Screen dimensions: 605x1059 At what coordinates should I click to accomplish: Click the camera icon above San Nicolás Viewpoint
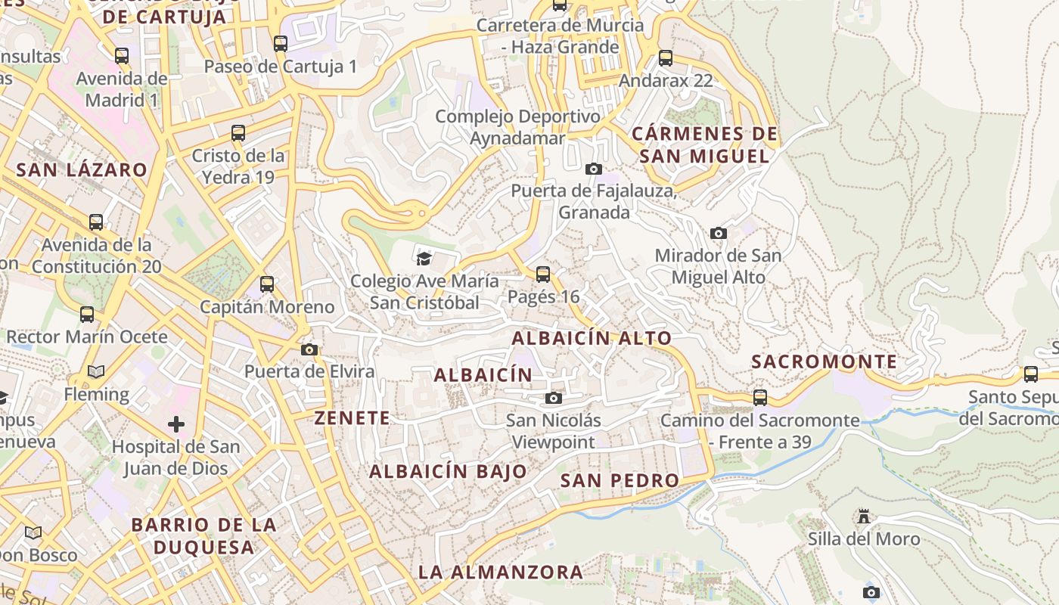[x=554, y=398]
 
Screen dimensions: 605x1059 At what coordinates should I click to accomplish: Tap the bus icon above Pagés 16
[x=543, y=274]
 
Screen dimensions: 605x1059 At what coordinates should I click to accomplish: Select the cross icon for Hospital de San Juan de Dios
[x=176, y=423]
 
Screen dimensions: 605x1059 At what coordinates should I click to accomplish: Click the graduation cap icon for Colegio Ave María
[x=424, y=259]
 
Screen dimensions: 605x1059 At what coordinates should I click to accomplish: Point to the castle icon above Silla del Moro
[x=864, y=517]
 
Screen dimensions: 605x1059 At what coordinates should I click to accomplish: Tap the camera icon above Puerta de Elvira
[x=309, y=349]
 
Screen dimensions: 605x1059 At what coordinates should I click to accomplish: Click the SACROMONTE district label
[x=825, y=361]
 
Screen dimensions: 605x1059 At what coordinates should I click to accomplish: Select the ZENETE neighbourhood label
[x=352, y=417]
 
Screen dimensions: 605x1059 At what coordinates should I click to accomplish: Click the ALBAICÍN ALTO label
[x=592, y=338]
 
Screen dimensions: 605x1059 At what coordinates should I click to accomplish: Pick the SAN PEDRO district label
[x=620, y=480]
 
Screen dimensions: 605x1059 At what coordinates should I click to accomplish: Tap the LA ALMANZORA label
[x=501, y=572]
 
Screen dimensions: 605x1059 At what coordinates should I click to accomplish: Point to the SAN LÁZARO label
[x=82, y=169]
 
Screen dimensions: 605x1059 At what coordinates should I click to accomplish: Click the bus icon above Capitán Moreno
[x=267, y=284]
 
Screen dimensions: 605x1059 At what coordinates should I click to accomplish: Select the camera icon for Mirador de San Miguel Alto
[x=719, y=233]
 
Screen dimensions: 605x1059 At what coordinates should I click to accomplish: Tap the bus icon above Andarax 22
[x=666, y=57]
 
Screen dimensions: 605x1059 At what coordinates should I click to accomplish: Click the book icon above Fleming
[x=96, y=371]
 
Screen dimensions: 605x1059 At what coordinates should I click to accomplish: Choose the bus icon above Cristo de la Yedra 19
[x=238, y=133]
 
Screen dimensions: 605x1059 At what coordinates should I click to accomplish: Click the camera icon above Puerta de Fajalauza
[x=594, y=169]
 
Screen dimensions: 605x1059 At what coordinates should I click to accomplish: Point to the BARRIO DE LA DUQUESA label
[x=203, y=535]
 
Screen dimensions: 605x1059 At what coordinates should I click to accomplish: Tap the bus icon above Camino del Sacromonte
[x=760, y=397]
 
